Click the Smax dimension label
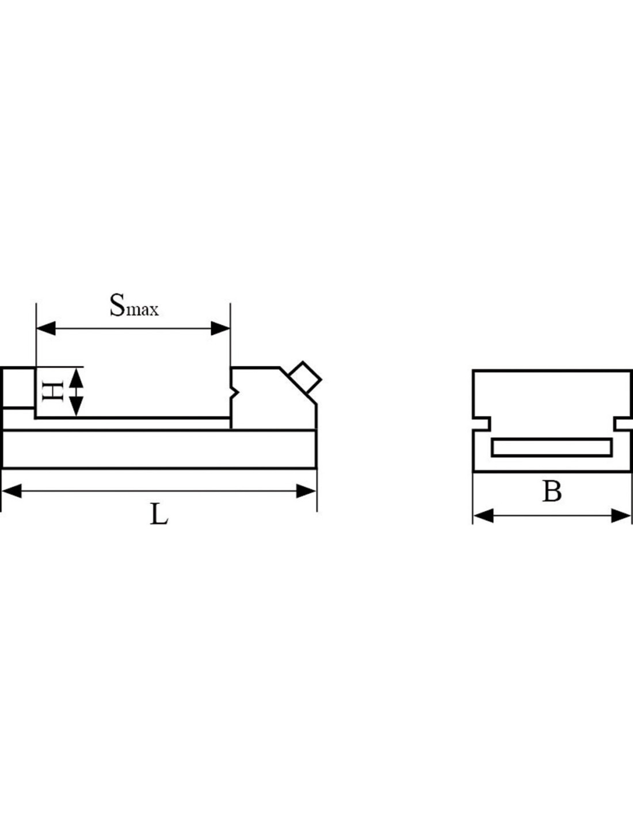pos(134,305)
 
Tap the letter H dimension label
pos(52,392)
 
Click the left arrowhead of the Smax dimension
pos(46,328)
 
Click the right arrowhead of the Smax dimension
pos(220,328)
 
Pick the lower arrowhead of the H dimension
pos(77,407)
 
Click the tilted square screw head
pos(305,378)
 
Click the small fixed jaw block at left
pos(18,387)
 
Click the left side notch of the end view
pos(481,424)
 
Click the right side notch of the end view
pos(623,424)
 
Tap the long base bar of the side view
pos(159,449)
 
